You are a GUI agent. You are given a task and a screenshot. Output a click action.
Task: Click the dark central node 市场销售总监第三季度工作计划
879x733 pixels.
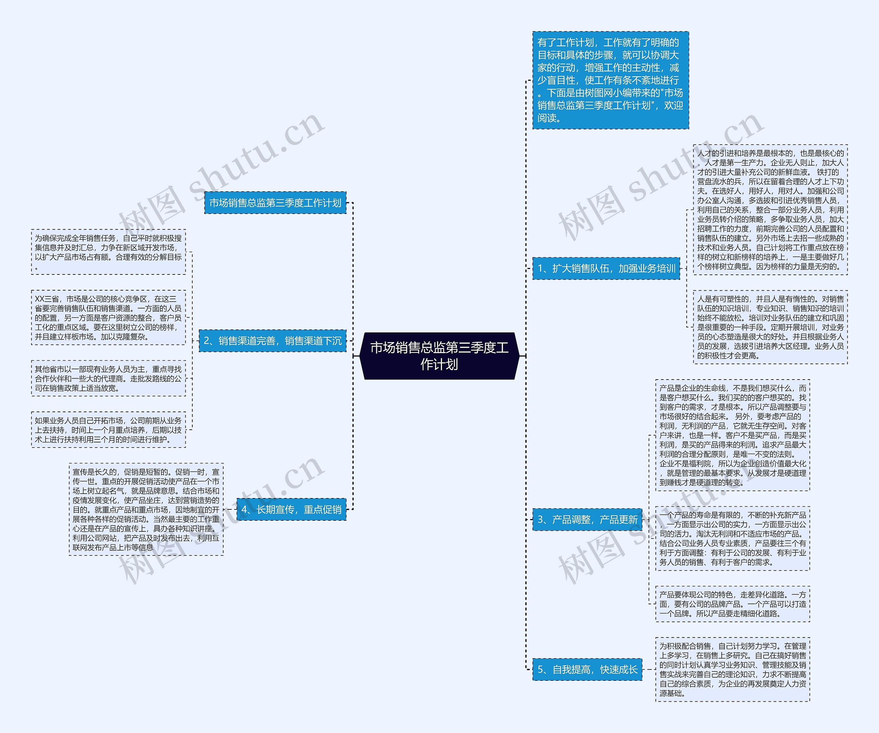point(439,356)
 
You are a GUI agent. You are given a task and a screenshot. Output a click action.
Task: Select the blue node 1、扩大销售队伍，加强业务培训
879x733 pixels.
point(606,268)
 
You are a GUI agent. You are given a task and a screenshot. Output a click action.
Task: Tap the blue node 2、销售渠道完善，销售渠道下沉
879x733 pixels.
point(273,341)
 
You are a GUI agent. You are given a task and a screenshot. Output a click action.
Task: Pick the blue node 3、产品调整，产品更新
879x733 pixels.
point(587,519)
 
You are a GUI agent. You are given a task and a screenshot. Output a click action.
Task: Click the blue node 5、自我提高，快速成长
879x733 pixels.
point(587,669)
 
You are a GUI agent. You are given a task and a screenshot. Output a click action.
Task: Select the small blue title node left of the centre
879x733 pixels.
point(275,203)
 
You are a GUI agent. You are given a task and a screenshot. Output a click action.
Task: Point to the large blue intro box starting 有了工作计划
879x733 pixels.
point(610,80)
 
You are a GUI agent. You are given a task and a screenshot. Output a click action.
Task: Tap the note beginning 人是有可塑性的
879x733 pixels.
point(770,327)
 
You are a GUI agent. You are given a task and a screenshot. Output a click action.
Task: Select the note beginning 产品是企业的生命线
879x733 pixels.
point(732,435)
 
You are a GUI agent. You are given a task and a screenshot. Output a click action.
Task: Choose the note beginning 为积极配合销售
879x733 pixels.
point(732,669)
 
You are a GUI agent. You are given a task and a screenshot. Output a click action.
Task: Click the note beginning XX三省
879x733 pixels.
point(109,318)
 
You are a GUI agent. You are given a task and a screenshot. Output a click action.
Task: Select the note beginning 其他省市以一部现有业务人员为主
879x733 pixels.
point(109,379)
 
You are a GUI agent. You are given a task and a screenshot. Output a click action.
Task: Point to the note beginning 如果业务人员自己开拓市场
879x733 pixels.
point(109,430)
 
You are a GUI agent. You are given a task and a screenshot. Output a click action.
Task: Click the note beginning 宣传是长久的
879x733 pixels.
point(146,509)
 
